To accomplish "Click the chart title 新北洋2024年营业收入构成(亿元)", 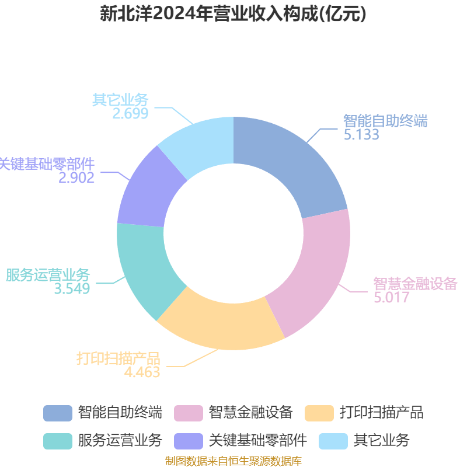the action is [233, 14].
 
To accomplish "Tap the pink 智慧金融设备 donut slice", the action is [316, 273].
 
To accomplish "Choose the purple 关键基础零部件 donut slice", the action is [149, 191].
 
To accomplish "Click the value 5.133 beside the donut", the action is [361, 134].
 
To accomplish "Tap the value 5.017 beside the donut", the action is [391, 297].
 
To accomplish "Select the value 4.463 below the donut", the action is [142, 372].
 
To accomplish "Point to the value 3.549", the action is [72, 288].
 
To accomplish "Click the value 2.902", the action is [76, 177].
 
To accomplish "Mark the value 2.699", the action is [130, 113].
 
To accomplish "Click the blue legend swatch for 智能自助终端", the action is [58, 413].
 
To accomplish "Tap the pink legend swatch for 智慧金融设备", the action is [189, 413].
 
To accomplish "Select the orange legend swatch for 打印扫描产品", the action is [319, 413].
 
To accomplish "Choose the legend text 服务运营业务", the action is [120, 441].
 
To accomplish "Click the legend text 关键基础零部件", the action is [258, 441].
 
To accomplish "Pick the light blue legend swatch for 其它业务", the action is [333, 441].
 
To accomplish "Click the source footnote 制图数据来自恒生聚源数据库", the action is [233, 461].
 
